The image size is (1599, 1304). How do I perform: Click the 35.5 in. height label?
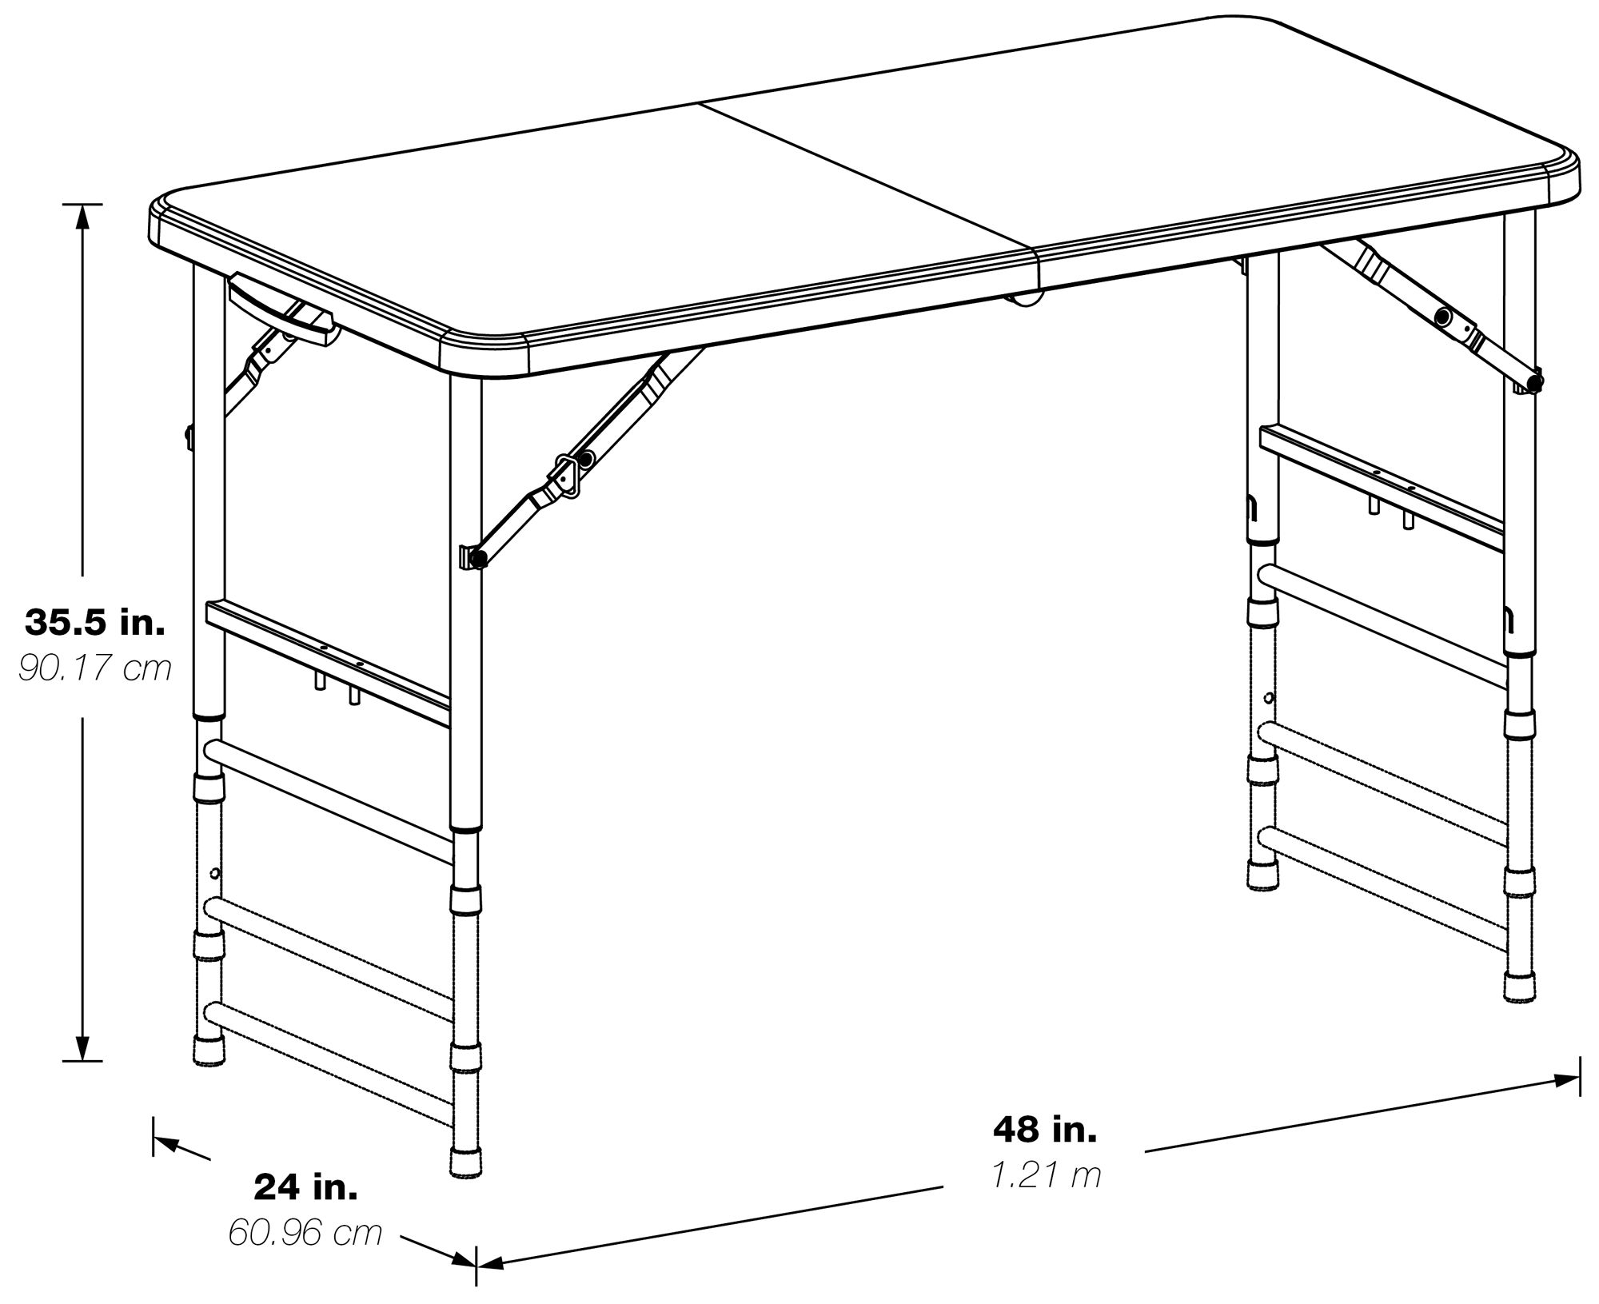coord(95,622)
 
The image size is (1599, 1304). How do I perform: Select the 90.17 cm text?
coord(95,668)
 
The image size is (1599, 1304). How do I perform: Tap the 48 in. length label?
coord(1045,1129)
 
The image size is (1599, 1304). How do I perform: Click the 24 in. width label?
coord(305,1187)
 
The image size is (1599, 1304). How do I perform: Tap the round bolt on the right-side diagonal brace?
coord(1443,317)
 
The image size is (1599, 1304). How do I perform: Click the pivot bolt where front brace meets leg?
coord(477,559)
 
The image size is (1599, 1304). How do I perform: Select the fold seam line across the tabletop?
coord(867,176)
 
